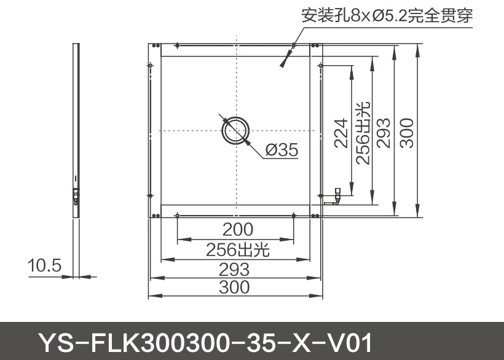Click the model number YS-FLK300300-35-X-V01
coord(205,342)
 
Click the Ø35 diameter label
coord(282,149)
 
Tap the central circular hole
coord(235,130)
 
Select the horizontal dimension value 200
coord(238,230)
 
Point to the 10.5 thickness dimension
coord(45,265)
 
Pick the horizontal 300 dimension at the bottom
coord(235,287)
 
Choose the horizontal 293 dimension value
coord(235,269)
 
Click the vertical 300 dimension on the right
coord(408,131)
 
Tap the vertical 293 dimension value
coord(384,132)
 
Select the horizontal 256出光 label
coord(238,249)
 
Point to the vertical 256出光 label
coord(363,133)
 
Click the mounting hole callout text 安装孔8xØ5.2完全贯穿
coord(387,15)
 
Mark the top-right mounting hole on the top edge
coord(294,45)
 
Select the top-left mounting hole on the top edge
coord(177,45)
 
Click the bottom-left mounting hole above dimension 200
coord(177,214)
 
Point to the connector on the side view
coord(76,195)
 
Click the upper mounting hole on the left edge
coord(150,65)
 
